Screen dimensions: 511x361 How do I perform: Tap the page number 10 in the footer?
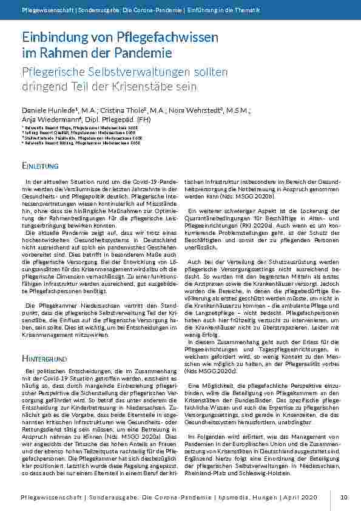pos(344,498)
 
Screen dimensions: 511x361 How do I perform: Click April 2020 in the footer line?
pos(300,498)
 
